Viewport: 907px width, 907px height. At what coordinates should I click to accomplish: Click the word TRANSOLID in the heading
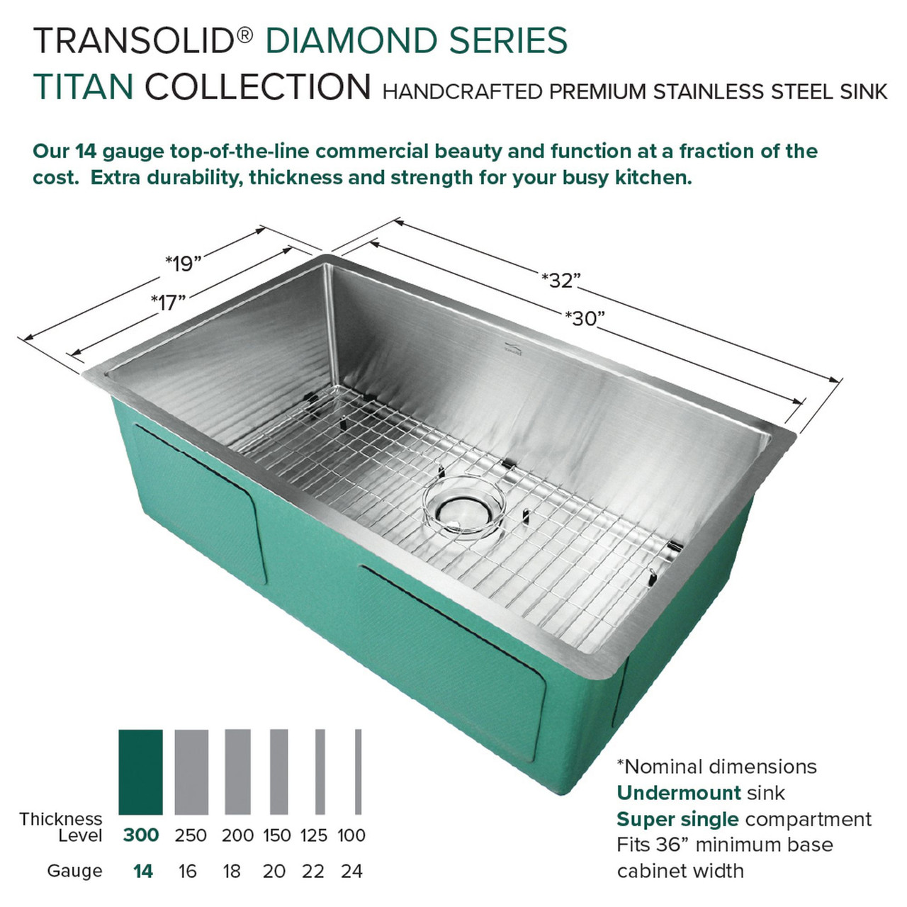click(134, 40)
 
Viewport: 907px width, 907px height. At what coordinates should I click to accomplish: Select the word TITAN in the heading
click(83, 87)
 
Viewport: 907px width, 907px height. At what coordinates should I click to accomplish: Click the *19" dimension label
click(183, 264)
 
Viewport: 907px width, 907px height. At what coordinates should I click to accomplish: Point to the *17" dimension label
click(168, 303)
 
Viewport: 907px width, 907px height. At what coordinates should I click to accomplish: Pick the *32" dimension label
click(560, 281)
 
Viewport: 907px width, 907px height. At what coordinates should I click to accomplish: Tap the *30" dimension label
click(585, 319)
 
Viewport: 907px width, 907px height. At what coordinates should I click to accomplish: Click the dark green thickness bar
click(140, 772)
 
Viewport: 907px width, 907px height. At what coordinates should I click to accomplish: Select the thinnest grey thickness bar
click(359, 772)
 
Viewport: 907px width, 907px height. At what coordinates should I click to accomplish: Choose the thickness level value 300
click(140, 835)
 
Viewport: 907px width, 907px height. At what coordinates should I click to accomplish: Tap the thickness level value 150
click(276, 835)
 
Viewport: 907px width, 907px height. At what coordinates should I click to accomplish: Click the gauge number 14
click(142, 871)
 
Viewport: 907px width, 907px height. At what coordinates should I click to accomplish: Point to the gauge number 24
click(351, 871)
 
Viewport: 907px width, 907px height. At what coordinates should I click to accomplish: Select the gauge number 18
click(232, 871)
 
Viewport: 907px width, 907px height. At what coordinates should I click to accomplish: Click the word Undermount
click(679, 792)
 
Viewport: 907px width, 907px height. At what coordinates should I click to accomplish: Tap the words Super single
click(677, 819)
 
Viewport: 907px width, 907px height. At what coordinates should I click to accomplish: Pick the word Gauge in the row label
click(74, 871)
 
